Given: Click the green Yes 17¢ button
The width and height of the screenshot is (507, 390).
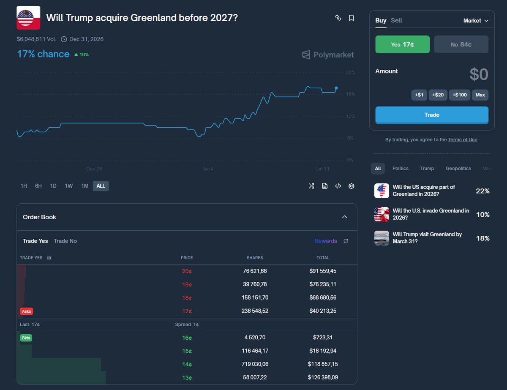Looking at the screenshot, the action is click(x=402, y=44).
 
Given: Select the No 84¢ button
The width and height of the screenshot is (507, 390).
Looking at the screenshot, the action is click(x=461, y=44).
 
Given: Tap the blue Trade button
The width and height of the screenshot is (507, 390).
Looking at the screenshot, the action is click(x=432, y=115).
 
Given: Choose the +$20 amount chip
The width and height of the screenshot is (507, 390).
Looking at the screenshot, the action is click(x=438, y=95).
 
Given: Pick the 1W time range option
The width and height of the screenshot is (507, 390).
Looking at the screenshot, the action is click(x=68, y=186).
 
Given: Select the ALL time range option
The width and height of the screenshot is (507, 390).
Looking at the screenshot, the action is click(x=101, y=186).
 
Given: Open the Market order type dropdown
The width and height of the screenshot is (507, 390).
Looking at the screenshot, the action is click(x=476, y=21).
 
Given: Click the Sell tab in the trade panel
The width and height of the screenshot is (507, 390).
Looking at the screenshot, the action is click(x=396, y=21).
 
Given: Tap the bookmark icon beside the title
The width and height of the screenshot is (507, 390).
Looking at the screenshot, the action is click(x=351, y=18).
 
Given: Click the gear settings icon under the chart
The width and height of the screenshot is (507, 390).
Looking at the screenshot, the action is click(x=351, y=186).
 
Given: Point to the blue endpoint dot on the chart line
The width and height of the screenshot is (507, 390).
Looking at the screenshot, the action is click(x=336, y=88).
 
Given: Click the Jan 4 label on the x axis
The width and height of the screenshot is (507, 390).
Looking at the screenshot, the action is click(x=208, y=169).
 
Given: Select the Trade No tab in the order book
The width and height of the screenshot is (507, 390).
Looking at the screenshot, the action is click(x=65, y=241).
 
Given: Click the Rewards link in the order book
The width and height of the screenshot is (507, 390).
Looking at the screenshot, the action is click(x=326, y=241).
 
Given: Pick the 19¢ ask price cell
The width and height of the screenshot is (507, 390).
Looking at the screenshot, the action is click(x=187, y=284).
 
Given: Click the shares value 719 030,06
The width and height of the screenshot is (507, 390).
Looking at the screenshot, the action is click(x=255, y=364).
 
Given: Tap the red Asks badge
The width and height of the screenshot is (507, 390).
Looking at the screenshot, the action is click(x=27, y=311).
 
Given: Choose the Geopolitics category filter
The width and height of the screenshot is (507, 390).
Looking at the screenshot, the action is click(x=458, y=169).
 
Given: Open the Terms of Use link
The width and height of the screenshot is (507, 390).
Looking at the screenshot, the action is click(x=463, y=139).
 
